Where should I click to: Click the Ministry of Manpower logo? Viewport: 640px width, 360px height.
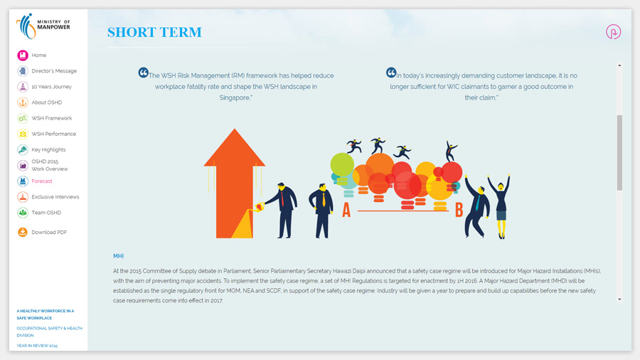tap(43, 26)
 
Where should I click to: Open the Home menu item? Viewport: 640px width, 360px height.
tap(39, 55)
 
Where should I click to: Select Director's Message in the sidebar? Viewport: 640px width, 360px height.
tap(54, 71)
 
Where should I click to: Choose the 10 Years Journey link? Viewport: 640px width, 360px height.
tap(51, 87)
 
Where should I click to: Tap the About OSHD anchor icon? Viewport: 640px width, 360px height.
tap(23, 102)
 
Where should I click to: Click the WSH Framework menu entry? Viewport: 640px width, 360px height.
tap(52, 118)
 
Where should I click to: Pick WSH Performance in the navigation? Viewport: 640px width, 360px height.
tap(53, 134)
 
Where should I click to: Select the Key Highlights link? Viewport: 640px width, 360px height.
tap(48, 150)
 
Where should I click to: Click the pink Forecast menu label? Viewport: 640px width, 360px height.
tap(42, 181)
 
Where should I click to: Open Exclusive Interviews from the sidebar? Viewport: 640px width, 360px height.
tap(55, 197)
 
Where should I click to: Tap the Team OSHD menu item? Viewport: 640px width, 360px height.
tap(46, 213)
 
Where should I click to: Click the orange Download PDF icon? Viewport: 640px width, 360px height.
tap(23, 232)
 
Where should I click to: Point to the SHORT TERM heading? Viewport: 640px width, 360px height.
tap(155, 32)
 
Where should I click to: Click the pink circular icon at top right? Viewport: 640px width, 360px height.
tap(613, 32)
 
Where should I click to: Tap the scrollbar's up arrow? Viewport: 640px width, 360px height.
tap(619, 65)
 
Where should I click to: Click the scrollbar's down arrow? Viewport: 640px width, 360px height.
tap(619, 300)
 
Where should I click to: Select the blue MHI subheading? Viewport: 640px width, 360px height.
tap(118, 256)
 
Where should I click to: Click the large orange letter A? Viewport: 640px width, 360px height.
tap(346, 210)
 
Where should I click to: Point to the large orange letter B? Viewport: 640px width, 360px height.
tap(459, 210)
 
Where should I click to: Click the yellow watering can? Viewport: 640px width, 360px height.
tap(259, 207)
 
